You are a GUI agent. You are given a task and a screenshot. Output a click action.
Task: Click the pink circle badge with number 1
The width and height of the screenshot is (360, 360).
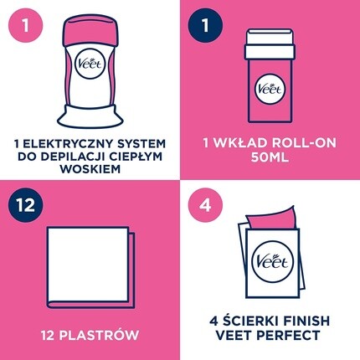click(x=26, y=25)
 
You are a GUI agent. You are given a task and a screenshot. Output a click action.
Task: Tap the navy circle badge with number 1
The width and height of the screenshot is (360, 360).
click(x=205, y=25)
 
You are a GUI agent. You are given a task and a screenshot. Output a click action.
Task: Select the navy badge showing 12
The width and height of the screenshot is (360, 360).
click(x=26, y=205)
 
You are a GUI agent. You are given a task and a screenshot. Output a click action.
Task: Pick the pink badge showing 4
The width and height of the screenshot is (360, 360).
click(x=205, y=205)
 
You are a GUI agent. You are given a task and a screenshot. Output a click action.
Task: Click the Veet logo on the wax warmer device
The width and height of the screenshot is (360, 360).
click(x=90, y=64)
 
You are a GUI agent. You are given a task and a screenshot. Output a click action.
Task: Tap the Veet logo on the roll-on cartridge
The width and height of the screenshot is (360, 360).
click(x=270, y=89)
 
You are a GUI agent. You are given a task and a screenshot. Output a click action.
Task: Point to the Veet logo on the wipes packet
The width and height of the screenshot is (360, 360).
click(x=272, y=262)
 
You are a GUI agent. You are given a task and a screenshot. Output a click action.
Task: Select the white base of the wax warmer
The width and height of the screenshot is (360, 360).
click(x=90, y=116)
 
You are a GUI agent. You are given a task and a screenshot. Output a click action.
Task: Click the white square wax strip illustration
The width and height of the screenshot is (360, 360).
click(x=88, y=265)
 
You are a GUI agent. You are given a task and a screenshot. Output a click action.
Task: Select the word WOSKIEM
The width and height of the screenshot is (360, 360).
click(x=90, y=169)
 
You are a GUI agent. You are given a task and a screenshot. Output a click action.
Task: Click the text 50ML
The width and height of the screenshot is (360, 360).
click(x=270, y=157)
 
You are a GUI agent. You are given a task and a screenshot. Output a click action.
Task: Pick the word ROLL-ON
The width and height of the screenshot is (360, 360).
click(x=304, y=142)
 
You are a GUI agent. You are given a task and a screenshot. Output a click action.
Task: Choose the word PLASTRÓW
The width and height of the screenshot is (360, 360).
click(x=99, y=335)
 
